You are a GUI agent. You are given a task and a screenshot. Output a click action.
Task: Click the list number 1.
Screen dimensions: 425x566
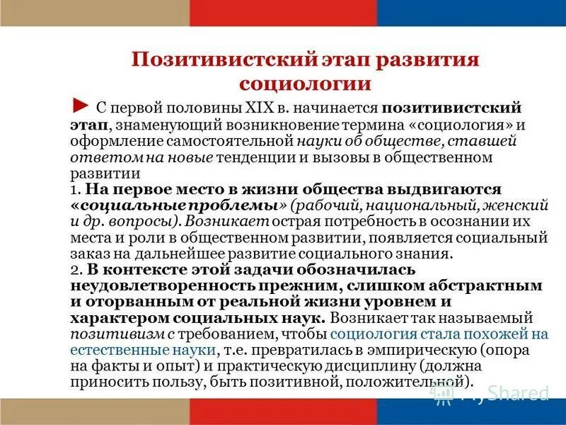pyautogui.click(x=74, y=190)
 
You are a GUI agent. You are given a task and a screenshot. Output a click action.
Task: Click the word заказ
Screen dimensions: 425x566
pyautogui.click(x=87, y=254)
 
